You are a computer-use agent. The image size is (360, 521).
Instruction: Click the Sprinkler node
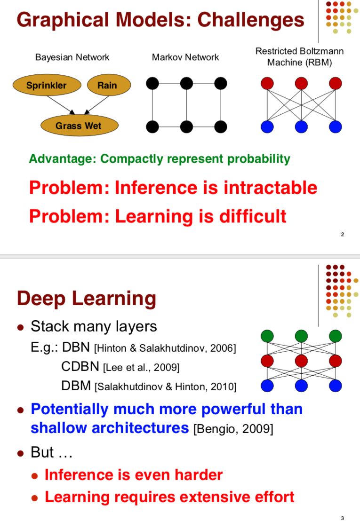click(46, 85)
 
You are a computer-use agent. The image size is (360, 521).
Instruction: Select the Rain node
click(107, 85)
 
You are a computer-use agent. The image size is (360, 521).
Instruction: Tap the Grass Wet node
click(79, 126)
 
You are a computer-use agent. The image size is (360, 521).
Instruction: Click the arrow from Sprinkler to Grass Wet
click(60, 104)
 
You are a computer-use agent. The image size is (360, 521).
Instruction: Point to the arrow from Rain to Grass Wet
click(96, 104)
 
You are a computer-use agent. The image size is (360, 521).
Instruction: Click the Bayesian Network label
click(72, 57)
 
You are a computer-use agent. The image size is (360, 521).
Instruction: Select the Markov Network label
click(185, 57)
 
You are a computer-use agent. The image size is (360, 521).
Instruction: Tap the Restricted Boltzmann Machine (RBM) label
click(299, 56)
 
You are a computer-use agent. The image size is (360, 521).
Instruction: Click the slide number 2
click(343, 235)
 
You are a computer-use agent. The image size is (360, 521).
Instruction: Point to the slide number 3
click(343, 518)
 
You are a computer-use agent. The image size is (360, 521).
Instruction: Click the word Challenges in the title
click(251, 20)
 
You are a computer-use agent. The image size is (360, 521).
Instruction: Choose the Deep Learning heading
click(87, 299)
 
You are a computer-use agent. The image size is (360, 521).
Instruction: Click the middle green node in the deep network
click(301, 336)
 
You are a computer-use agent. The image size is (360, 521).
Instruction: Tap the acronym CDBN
click(80, 366)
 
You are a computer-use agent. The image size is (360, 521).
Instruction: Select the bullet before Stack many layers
click(20, 327)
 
